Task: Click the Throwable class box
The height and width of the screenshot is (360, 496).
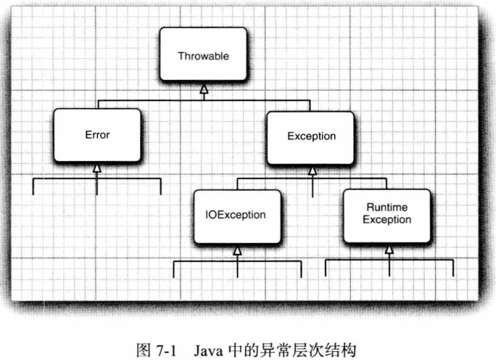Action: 202,56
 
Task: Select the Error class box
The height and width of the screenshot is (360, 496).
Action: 97,135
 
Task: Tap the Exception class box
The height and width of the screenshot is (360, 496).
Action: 311,136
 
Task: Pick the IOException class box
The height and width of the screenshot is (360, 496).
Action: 236,216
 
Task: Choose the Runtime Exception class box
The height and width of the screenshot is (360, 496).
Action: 388,214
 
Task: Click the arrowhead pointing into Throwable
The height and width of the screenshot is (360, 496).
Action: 204,89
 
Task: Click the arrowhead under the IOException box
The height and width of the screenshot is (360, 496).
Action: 237,250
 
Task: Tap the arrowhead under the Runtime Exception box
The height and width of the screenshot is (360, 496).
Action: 389,249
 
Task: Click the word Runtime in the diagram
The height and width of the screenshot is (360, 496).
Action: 387,208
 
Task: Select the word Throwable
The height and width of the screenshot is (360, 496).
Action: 202,56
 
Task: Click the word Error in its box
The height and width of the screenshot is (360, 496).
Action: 97,135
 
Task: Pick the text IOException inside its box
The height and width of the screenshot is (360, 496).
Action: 236,216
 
